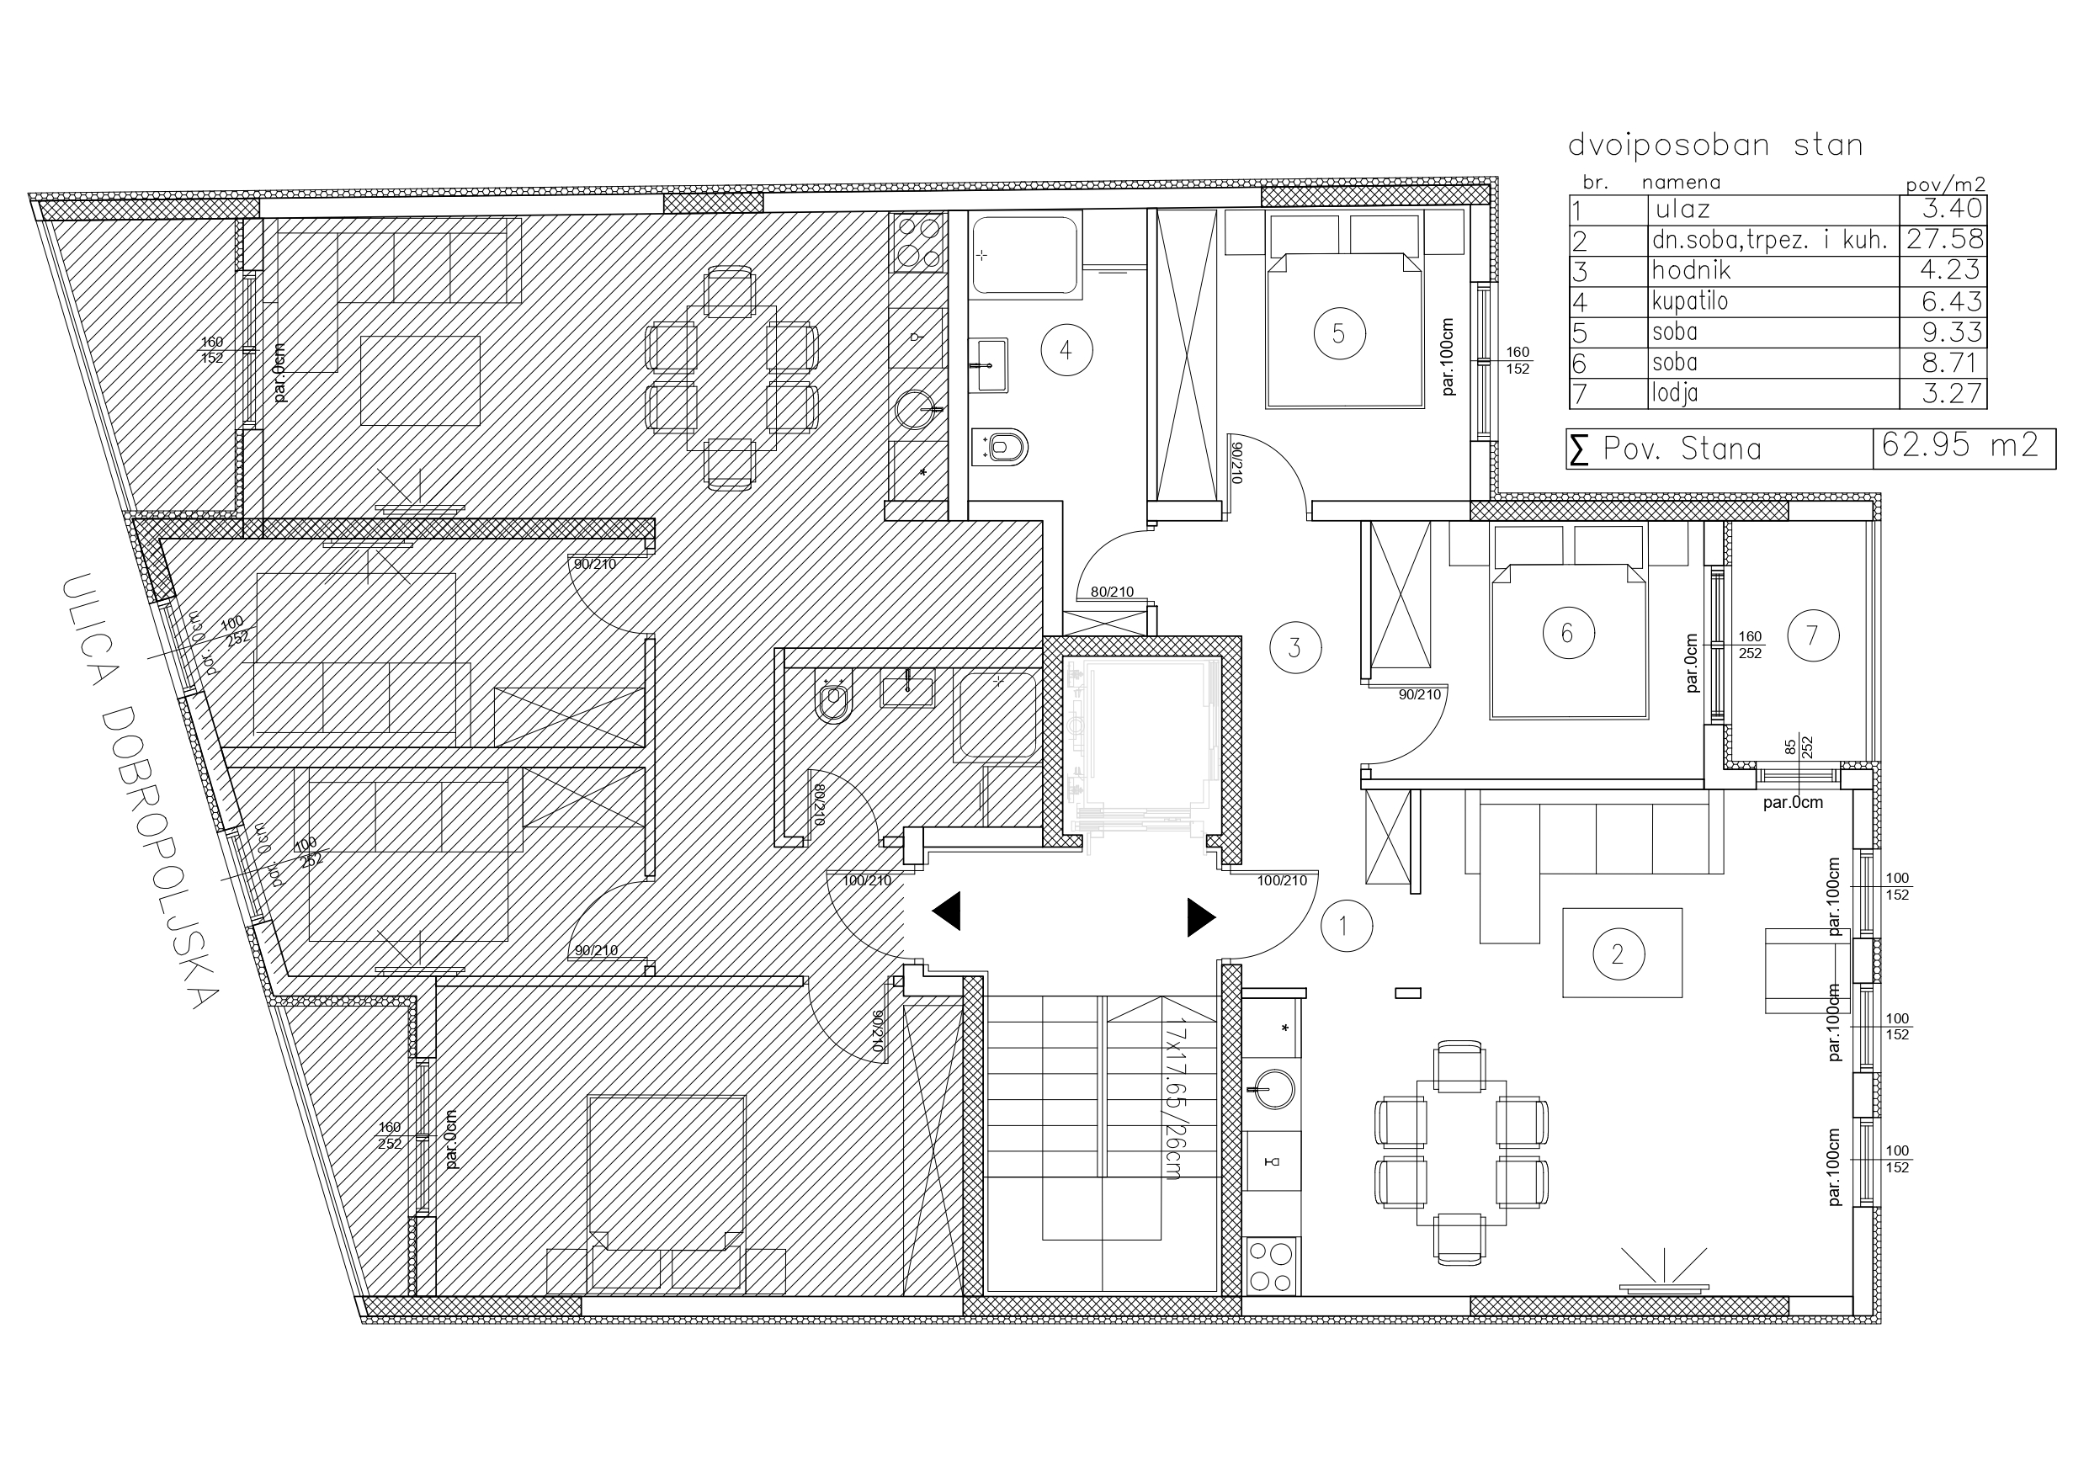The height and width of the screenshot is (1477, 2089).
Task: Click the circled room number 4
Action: click(1066, 350)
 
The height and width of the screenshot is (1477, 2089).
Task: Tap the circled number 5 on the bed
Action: click(1339, 333)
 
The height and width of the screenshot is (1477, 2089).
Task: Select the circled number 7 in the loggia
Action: click(1812, 635)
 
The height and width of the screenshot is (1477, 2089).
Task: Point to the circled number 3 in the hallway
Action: click(1295, 648)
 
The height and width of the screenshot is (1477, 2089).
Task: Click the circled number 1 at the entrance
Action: click(1346, 926)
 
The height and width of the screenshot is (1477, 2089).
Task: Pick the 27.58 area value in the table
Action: click(1945, 239)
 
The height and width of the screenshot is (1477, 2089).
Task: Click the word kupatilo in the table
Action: click(1689, 301)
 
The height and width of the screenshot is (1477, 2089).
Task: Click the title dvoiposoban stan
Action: click(1715, 145)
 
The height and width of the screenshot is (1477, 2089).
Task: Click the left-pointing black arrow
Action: click(946, 911)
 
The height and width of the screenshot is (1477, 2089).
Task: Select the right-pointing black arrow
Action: click(1202, 917)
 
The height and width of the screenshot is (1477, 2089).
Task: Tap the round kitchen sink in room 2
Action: click(1272, 1088)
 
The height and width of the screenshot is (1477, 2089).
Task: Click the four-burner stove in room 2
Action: click(1272, 1266)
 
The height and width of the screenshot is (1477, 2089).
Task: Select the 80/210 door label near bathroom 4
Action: click(1112, 592)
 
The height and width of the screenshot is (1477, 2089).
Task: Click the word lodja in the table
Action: click(1675, 393)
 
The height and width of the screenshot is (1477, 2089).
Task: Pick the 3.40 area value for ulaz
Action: click(1952, 209)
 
